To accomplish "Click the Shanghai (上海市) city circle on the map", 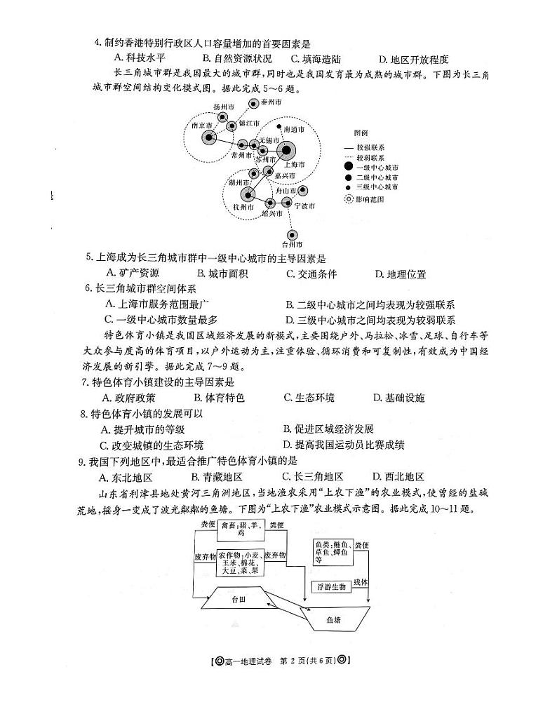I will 286,151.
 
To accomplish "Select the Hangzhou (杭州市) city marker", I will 247,194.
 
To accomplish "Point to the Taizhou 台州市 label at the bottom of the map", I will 291,245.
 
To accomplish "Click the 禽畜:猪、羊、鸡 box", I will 240,528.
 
